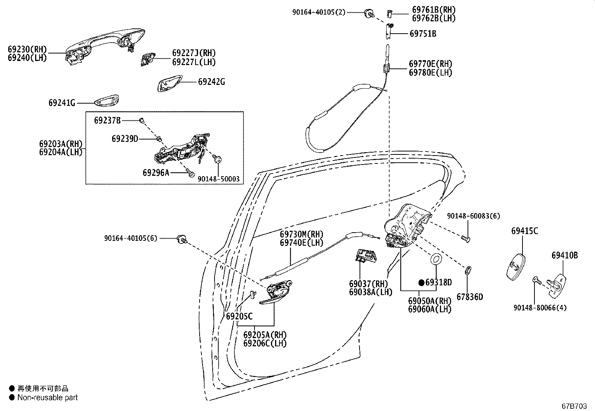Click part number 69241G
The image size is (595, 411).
[x=62, y=102]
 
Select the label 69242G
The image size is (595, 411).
[x=211, y=82]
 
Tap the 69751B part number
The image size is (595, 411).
[x=423, y=34]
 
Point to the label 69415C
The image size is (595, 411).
[x=524, y=231]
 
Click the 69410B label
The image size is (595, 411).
[x=564, y=255]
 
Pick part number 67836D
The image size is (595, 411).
[x=469, y=297]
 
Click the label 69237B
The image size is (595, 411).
[x=107, y=120]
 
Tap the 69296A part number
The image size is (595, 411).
[x=156, y=172]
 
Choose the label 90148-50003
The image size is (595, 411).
[x=218, y=180]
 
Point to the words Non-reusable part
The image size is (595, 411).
[x=47, y=398]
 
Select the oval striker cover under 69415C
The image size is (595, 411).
[x=516, y=266]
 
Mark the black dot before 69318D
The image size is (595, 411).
[x=421, y=283]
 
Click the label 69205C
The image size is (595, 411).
[x=239, y=316]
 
